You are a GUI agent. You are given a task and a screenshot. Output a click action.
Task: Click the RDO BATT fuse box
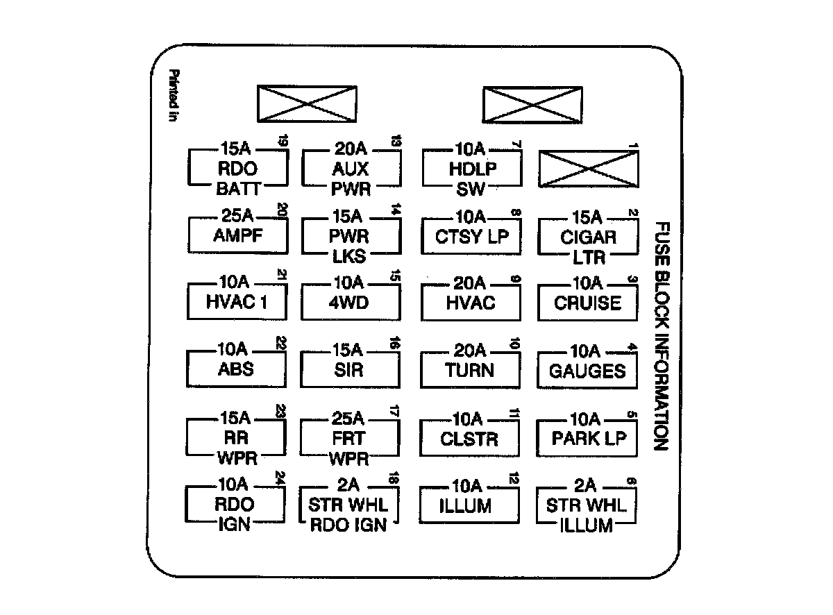coord(237,169)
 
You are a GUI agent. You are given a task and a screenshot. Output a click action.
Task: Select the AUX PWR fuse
coord(351,169)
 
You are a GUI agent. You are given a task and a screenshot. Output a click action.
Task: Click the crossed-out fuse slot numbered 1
coord(589,169)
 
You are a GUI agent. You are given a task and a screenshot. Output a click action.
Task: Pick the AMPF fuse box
coord(237,235)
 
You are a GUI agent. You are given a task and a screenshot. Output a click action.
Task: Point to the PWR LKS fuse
coord(351,235)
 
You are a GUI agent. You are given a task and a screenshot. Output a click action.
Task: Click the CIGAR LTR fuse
coord(589,236)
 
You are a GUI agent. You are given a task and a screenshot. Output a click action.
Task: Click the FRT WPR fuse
coord(351,438)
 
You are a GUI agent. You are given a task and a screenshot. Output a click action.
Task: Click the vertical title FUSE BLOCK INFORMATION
coord(662,336)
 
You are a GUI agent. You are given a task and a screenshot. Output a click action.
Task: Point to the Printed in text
coord(174,96)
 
